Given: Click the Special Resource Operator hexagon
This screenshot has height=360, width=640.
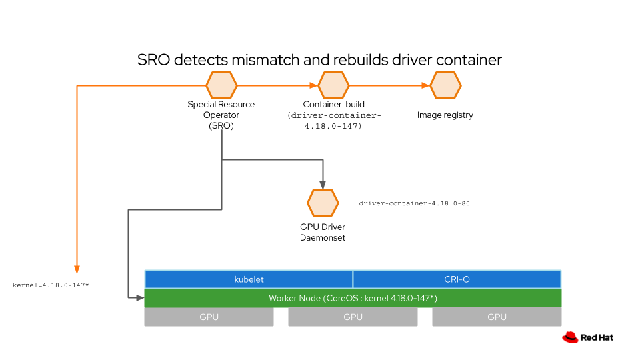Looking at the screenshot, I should (x=221, y=85).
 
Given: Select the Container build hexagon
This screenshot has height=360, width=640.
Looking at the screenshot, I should (x=333, y=85).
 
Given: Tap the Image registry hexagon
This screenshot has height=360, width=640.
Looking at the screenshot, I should (x=445, y=85).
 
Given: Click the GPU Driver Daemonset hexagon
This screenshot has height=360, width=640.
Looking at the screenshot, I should (x=323, y=203).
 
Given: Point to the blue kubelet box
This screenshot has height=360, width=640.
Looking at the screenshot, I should (x=249, y=279).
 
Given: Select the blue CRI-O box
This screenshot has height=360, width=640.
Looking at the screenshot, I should (x=457, y=279).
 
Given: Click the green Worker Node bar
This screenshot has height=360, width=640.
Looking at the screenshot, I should (x=353, y=298).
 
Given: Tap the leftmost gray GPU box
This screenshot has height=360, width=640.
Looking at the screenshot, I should (x=209, y=317).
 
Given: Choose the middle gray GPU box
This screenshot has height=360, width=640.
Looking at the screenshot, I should (x=353, y=317).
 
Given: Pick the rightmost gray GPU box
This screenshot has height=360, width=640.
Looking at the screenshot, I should (x=497, y=317).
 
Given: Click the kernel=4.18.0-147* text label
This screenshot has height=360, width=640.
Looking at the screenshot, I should (x=51, y=285).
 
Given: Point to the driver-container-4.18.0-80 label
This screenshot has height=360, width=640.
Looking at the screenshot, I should (x=414, y=203).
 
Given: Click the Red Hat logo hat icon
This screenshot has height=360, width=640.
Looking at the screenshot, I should (x=570, y=337).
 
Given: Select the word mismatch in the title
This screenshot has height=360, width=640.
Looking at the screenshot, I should (x=265, y=59).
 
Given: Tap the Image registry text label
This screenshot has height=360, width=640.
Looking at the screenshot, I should (x=445, y=115).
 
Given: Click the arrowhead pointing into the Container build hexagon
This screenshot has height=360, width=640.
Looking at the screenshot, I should (x=313, y=85).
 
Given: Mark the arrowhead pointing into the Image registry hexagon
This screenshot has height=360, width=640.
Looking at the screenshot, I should (x=425, y=85).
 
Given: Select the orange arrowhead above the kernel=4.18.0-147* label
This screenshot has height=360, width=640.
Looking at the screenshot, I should (x=77, y=269).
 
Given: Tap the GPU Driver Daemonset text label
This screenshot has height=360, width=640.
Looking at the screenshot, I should (x=323, y=232).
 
